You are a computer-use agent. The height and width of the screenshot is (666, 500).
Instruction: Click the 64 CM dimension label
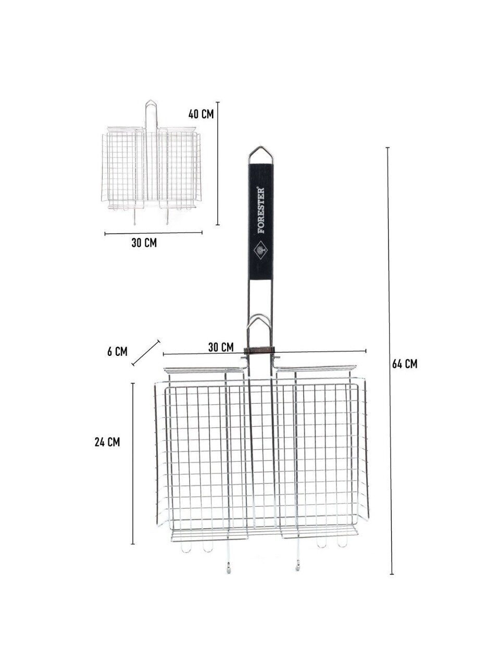[x=404, y=364]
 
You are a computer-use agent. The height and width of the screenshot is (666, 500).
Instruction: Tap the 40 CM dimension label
[x=201, y=114]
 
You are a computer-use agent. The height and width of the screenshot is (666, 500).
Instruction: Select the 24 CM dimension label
[x=107, y=442]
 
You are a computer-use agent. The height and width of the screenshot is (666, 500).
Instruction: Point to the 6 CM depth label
[x=117, y=352]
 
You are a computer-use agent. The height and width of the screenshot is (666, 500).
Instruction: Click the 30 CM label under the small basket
[x=144, y=243]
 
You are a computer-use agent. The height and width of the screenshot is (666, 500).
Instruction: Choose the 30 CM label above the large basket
[x=221, y=347]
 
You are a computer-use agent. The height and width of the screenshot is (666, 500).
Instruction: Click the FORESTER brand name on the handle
[x=261, y=211]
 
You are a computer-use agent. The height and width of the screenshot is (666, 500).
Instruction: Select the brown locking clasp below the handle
[x=259, y=350]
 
